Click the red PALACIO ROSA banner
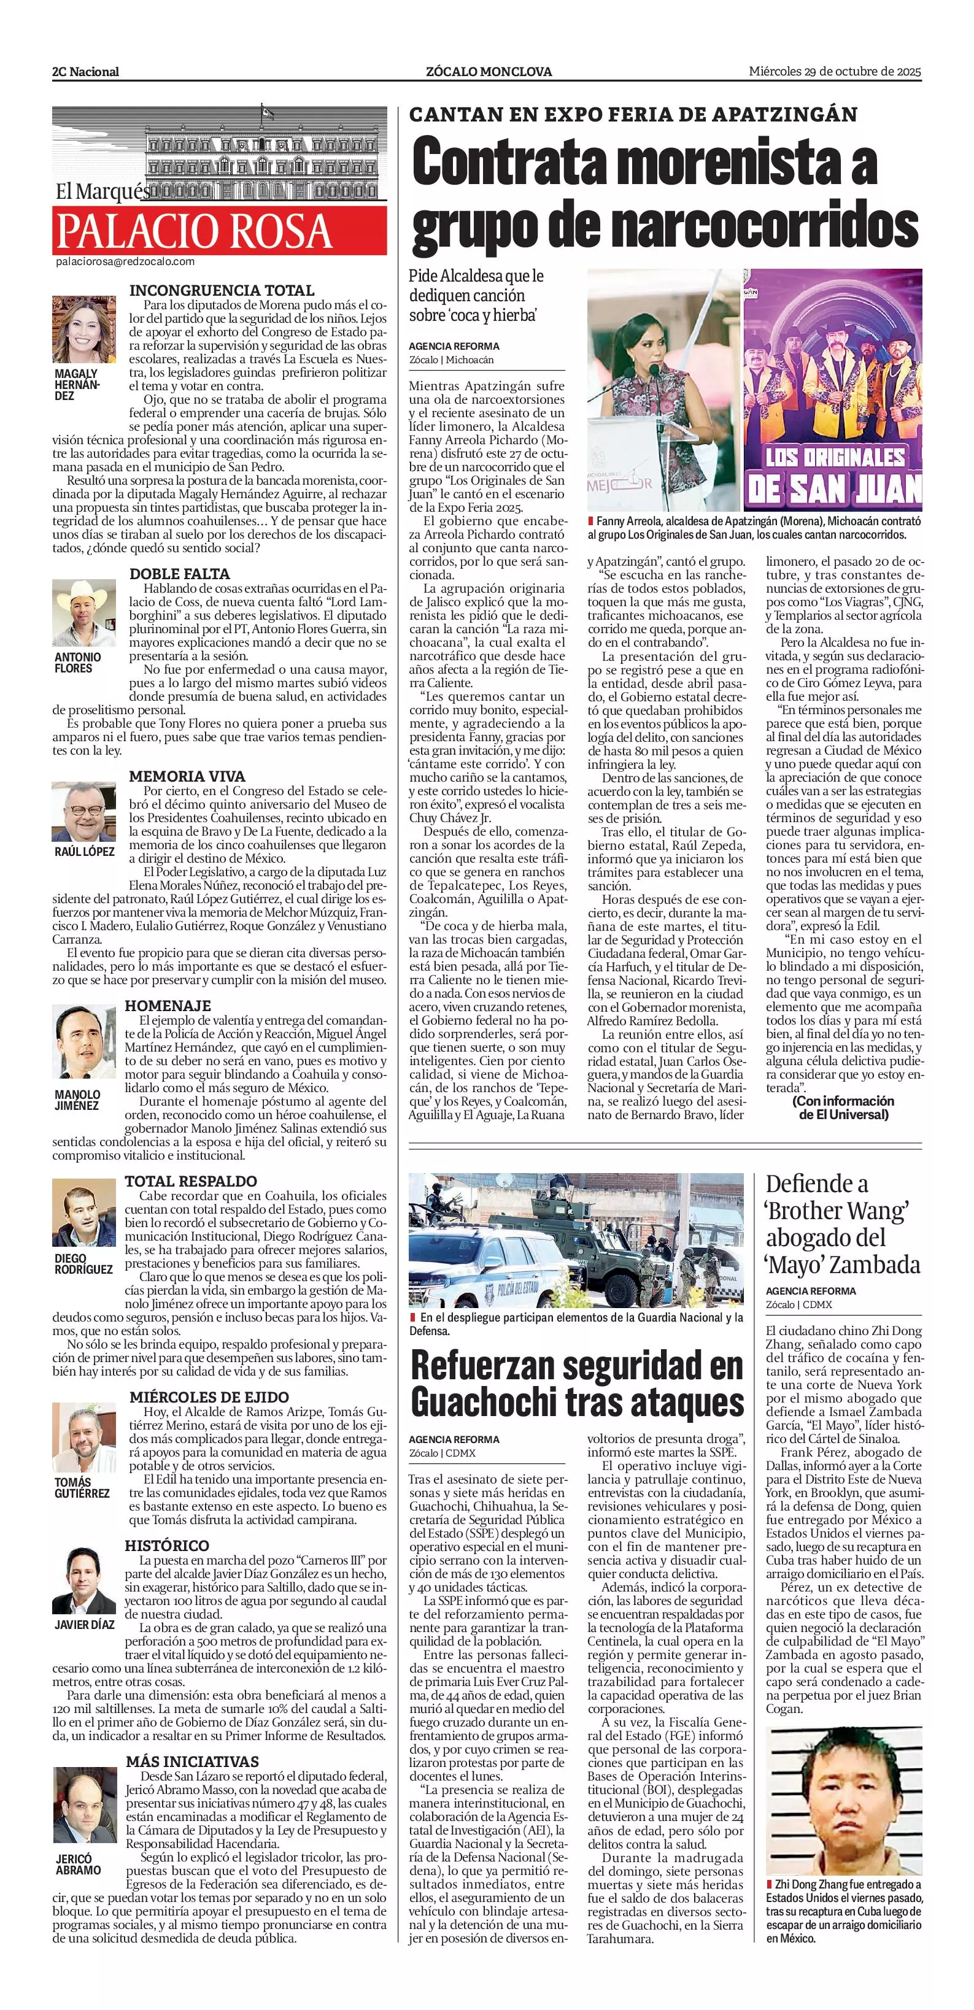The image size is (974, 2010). [x=219, y=230]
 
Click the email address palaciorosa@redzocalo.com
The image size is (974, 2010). [x=125, y=262]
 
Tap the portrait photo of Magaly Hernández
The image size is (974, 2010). [x=83, y=329]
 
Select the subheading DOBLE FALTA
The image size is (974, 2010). [x=179, y=574]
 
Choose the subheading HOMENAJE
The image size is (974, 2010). [x=168, y=1006]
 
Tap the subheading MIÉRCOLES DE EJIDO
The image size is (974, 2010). [x=209, y=1396]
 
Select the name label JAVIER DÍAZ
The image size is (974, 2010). [x=83, y=1625]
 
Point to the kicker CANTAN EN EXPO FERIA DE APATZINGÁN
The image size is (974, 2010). [x=633, y=115]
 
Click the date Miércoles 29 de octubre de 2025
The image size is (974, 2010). [x=835, y=71]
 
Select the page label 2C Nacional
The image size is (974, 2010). [x=86, y=72]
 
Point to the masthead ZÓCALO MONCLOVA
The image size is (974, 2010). [x=489, y=72]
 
